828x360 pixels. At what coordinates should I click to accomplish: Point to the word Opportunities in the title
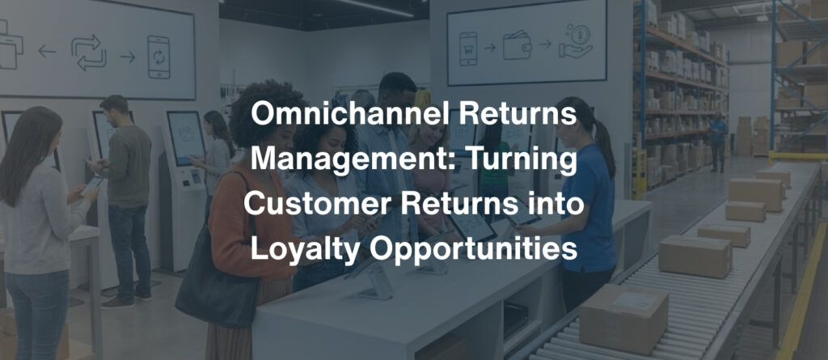[477, 248]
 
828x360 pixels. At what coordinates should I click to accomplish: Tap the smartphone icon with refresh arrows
[158, 56]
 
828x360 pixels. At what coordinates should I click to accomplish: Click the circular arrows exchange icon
[89, 53]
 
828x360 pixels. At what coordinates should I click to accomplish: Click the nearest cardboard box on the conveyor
[623, 317]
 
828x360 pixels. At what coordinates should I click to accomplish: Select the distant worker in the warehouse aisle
[717, 141]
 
